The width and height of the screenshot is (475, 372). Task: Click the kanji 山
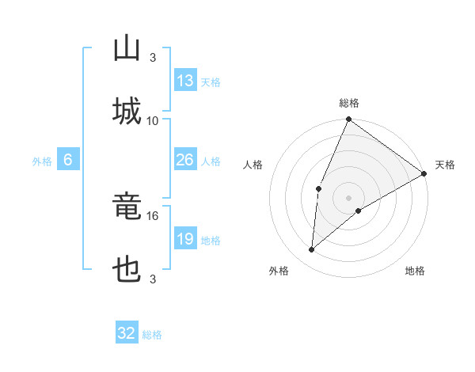coord(127,49)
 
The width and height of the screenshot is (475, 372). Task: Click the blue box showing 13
coord(185,81)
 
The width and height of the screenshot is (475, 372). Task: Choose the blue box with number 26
coord(185,160)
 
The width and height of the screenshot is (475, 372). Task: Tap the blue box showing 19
coord(185,239)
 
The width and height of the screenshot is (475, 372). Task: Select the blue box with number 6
coord(68,160)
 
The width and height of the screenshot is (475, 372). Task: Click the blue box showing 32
coord(127,333)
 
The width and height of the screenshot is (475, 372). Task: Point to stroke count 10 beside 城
coord(153,120)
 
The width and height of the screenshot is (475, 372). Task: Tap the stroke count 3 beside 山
coord(153,57)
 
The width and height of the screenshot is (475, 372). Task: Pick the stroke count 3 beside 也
coord(153,279)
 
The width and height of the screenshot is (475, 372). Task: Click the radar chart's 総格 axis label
coord(349,103)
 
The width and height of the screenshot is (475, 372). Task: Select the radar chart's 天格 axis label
coord(445,165)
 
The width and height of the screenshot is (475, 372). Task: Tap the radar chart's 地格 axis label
coord(415,271)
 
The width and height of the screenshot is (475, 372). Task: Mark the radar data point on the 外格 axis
coord(312,250)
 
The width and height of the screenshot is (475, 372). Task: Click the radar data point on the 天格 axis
coord(424,173)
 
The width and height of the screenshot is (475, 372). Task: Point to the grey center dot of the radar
coord(349,198)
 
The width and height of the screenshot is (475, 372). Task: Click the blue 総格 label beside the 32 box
coord(152,335)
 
